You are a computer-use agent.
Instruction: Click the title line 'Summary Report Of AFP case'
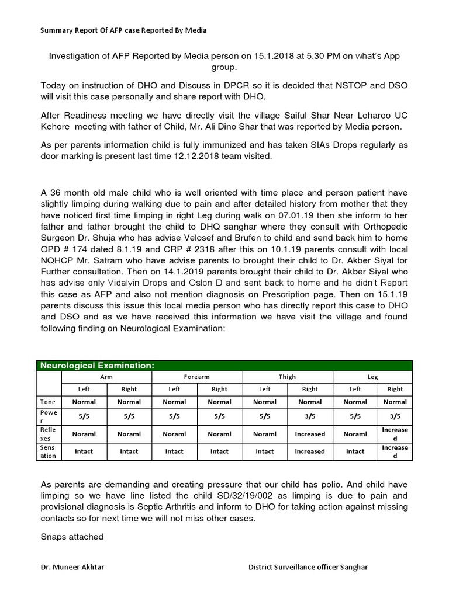[x=123, y=30]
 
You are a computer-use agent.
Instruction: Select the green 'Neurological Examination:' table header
[x=96, y=366]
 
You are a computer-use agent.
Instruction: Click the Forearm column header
[x=197, y=377]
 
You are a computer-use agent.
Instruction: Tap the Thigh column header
[x=287, y=377]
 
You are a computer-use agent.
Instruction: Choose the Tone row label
[x=48, y=402]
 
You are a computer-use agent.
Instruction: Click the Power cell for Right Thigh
[x=310, y=418]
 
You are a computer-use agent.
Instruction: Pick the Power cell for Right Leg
[x=395, y=418]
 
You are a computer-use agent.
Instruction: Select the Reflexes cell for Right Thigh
[x=310, y=434]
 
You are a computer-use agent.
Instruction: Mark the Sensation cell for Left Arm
[x=84, y=451]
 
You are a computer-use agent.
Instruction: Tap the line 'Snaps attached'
[x=72, y=537]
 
